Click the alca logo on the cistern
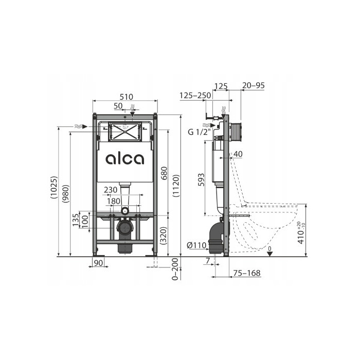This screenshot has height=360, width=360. pos(125,159)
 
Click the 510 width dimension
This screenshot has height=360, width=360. pos(125,97)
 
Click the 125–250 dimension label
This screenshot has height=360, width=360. pos(195,95)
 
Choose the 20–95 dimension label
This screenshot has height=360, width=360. pos(253,85)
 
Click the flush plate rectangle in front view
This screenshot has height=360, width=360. pos(125,133)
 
